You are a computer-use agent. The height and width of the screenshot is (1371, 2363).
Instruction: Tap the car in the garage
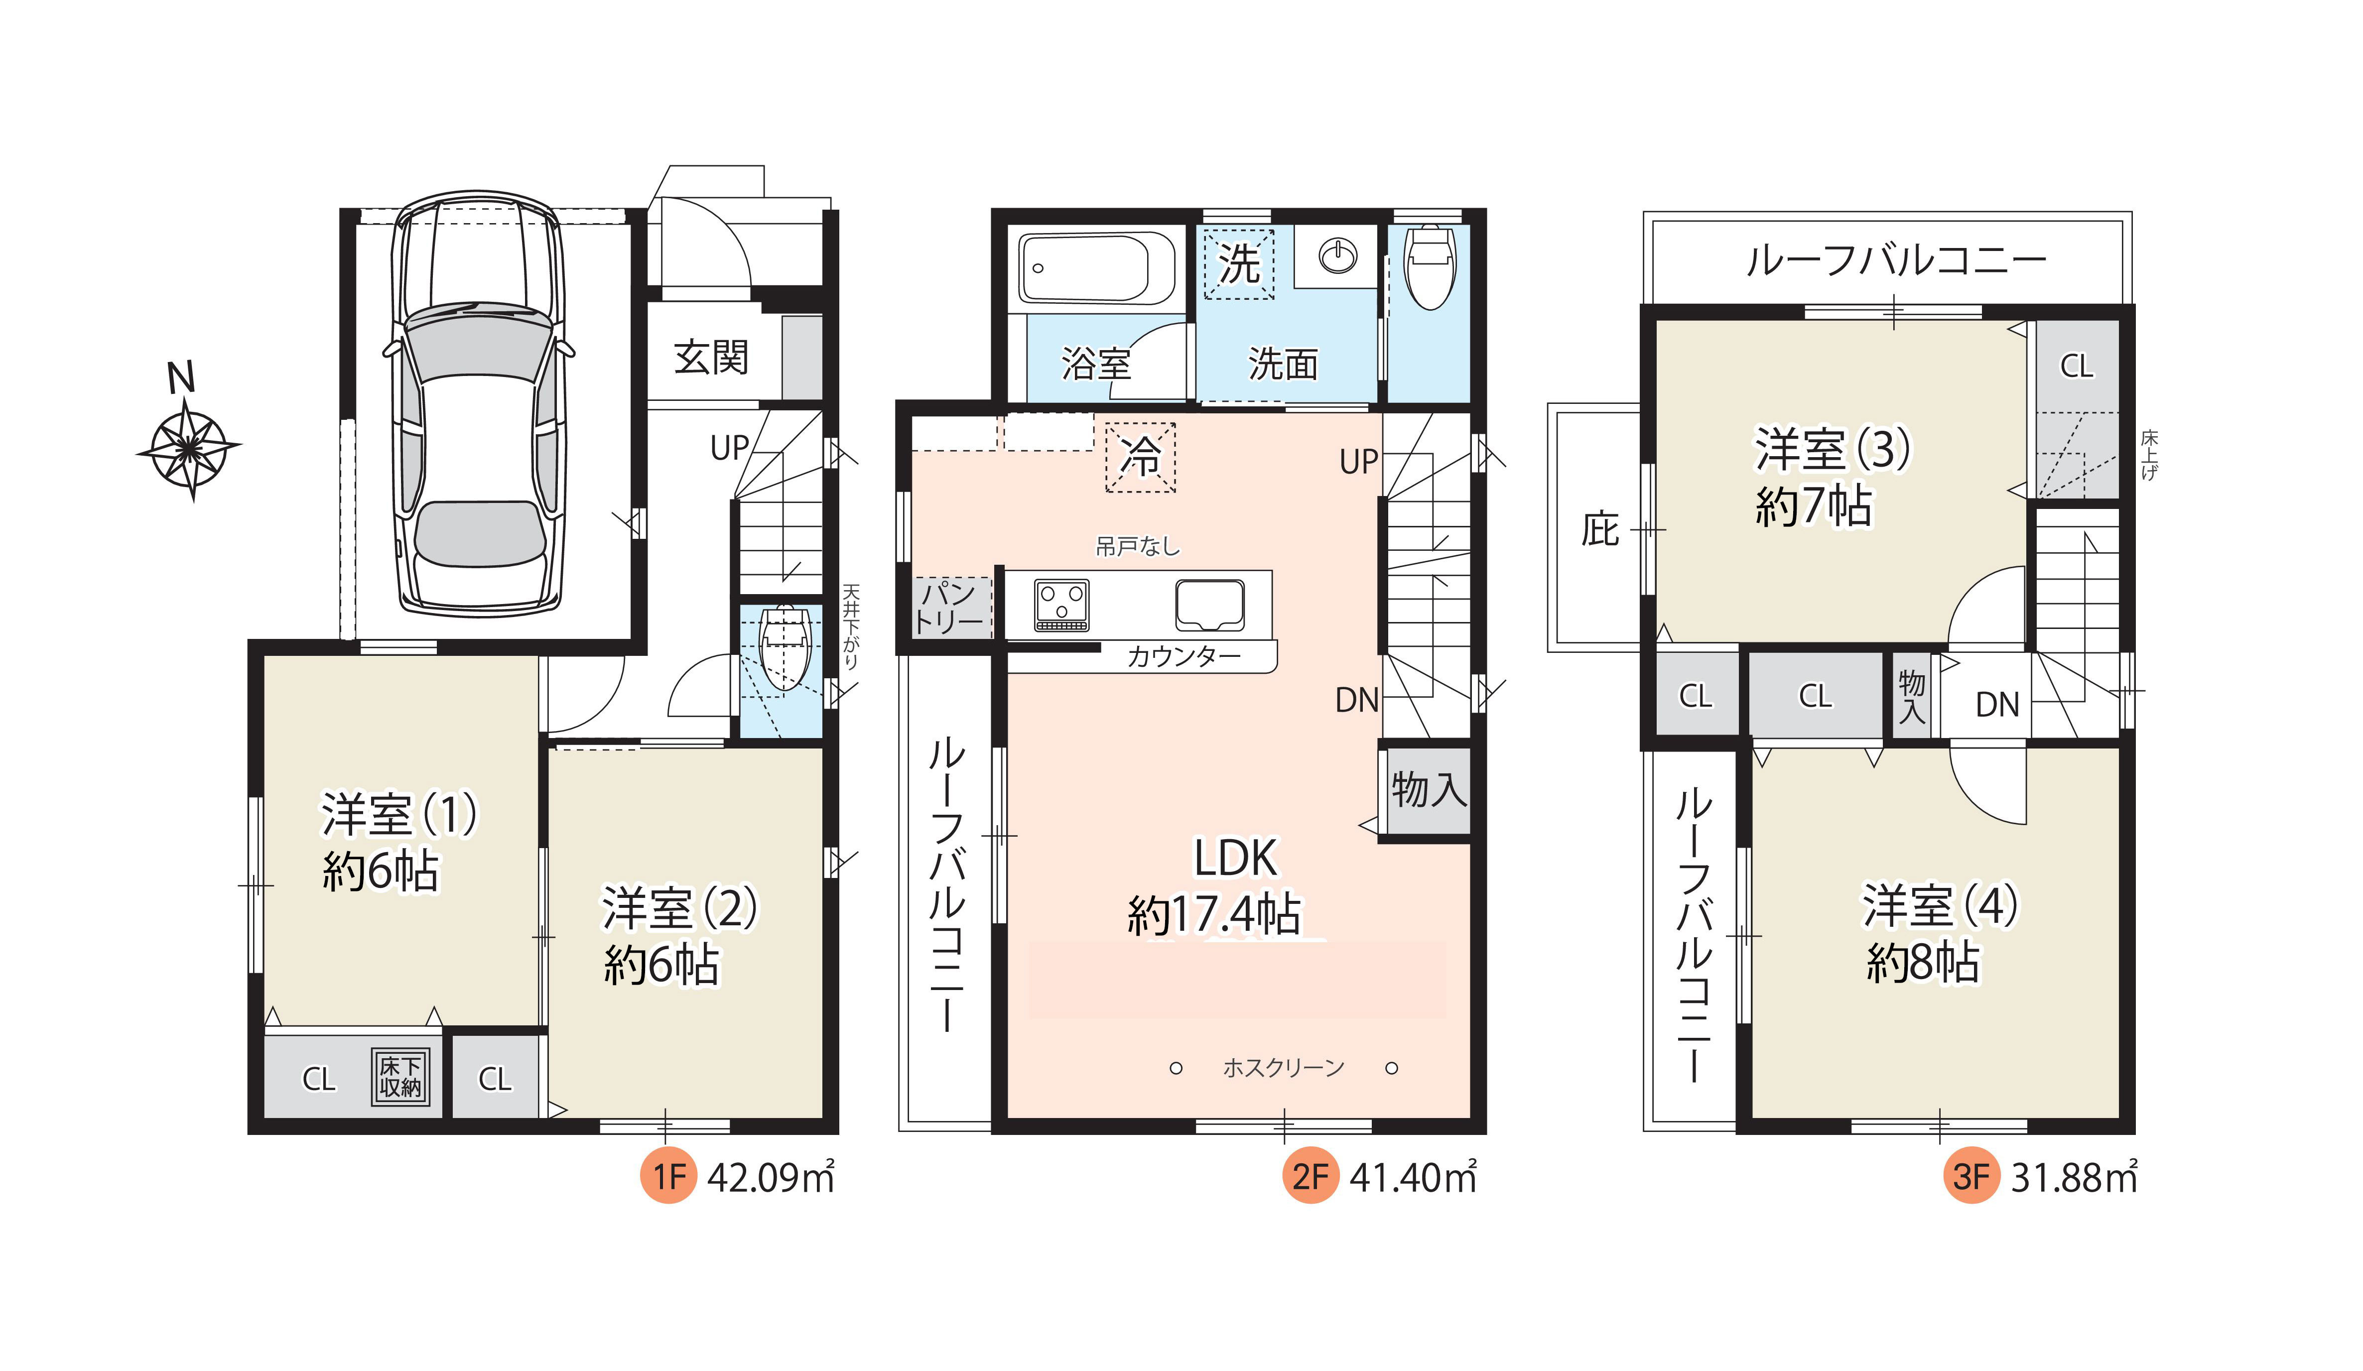(x=478, y=404)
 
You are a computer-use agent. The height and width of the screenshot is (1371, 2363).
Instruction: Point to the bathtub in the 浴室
(x=1098, y=268)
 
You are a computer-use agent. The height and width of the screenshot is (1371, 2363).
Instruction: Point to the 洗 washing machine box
(x=1239, y=263)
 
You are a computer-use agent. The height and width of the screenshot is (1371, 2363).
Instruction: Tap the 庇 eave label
(x=1600, y=530)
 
